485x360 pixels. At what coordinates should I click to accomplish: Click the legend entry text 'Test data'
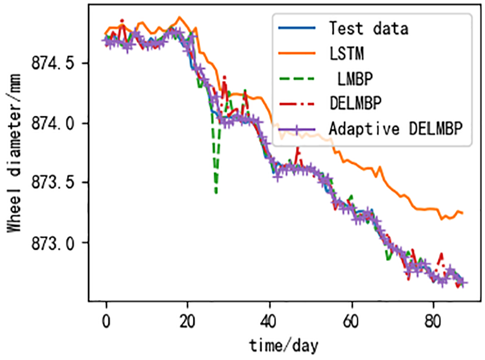click(368, 28)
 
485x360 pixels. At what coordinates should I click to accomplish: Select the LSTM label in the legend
click(346, 53)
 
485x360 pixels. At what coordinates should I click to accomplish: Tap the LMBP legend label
click(355, 78)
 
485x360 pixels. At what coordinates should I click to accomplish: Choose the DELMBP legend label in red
click(355, 103)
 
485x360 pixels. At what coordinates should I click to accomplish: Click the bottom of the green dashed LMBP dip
click(216, 193)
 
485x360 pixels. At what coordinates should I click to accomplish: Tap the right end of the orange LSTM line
click(462, 213)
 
